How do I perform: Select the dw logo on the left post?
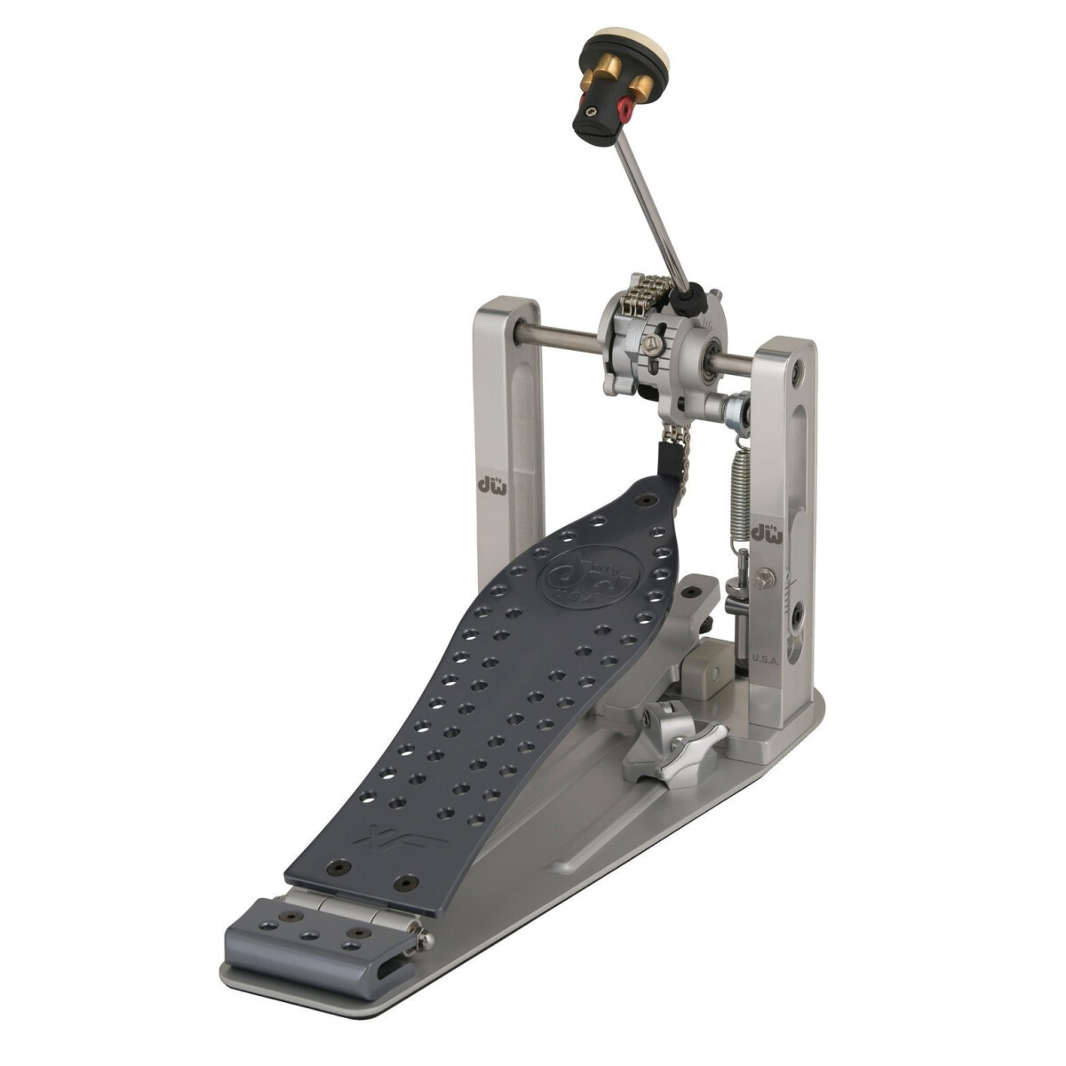[488, 485]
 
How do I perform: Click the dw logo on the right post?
[767, 532]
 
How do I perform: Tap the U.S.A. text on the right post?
[765, 658]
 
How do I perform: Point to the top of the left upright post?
[505, 307]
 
